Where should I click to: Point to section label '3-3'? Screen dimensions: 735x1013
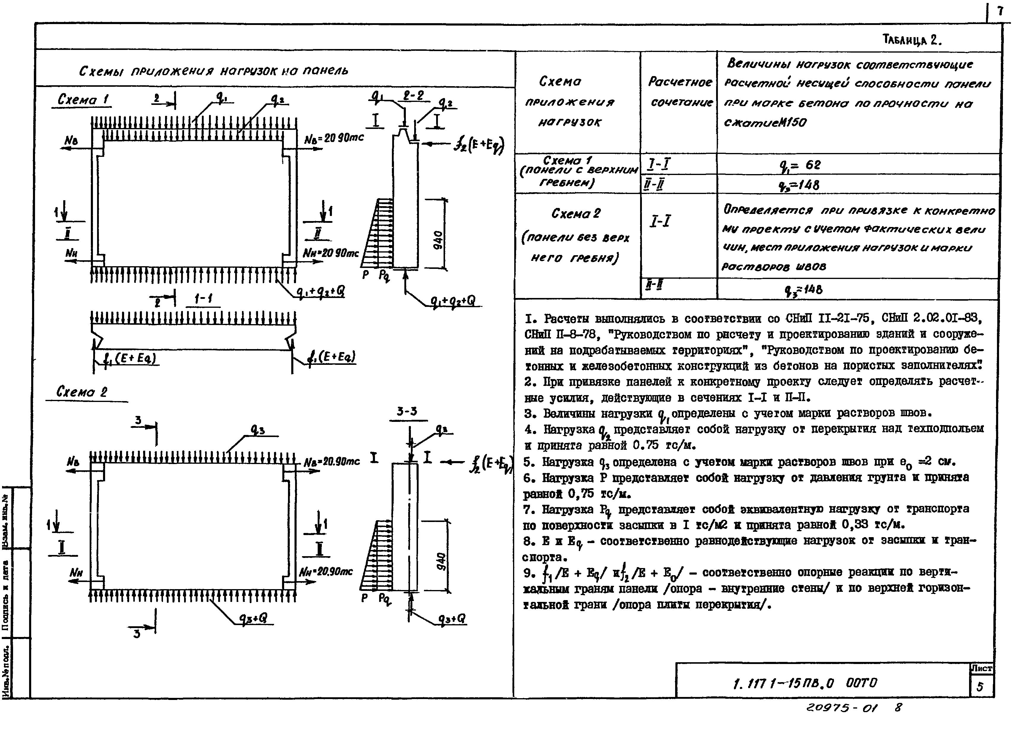406,411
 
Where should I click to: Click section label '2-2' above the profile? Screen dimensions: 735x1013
414,96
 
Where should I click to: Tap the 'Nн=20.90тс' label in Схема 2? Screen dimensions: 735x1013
326,571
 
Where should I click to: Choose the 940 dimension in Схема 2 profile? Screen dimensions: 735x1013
440,561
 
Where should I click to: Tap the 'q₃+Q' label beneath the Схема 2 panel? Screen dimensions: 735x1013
253,618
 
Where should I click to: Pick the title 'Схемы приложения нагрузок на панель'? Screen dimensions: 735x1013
213,71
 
